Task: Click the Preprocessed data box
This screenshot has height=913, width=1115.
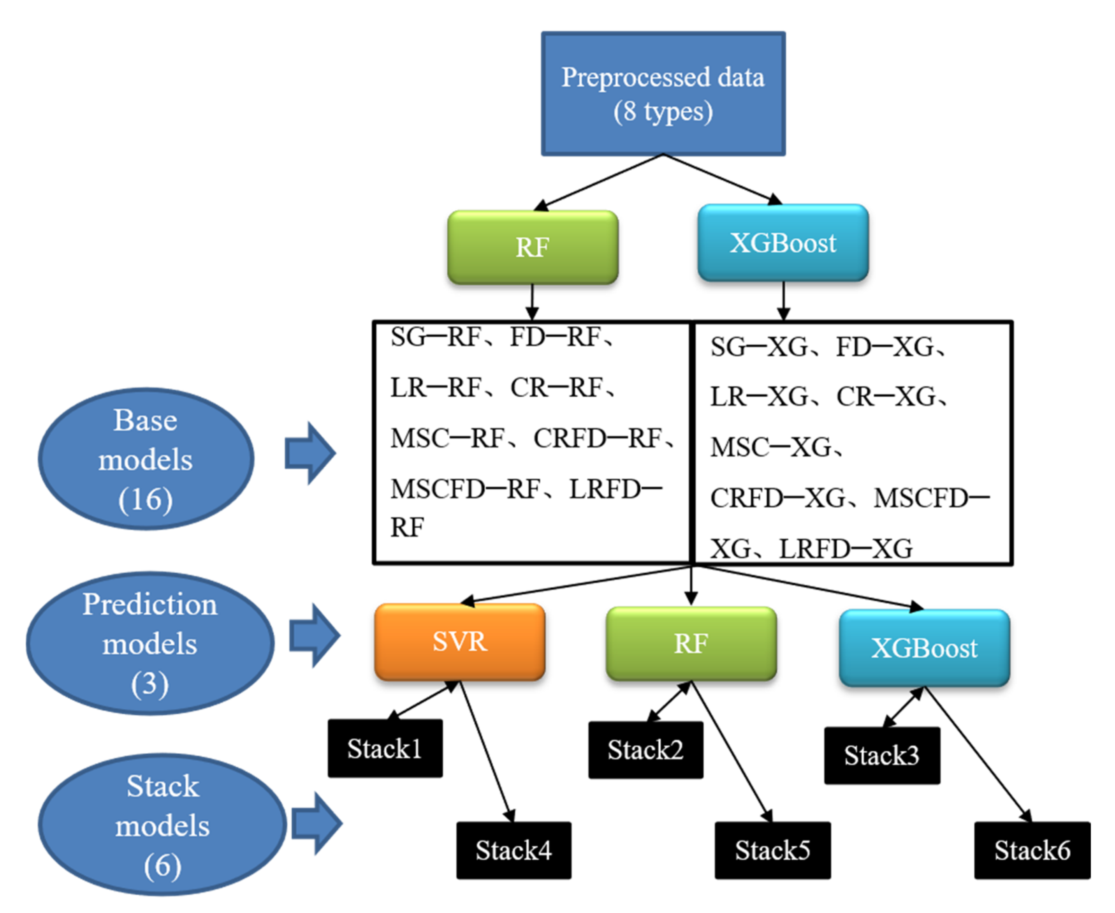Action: [663, 93]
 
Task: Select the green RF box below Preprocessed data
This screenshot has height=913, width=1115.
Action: [533, 247]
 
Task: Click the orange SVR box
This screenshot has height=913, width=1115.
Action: [459, 642]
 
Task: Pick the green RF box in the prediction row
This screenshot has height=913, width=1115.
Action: [691, 644]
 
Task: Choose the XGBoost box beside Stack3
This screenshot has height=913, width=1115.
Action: [924, 648]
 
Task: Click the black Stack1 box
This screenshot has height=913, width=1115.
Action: [385, 748]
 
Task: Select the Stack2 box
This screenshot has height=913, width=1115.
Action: [645, 750]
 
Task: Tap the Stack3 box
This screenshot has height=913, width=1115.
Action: [881, 756]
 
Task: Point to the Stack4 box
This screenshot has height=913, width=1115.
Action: [514, 850]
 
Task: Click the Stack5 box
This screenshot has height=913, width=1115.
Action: [772, 850]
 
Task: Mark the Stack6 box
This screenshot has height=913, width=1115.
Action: [1032, 850]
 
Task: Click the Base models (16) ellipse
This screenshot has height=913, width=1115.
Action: [146, 459]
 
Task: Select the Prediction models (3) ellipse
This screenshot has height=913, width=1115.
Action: [150, 644]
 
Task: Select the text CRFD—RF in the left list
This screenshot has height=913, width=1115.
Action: [597, 439]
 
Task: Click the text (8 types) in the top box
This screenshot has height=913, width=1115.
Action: [663, 111]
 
